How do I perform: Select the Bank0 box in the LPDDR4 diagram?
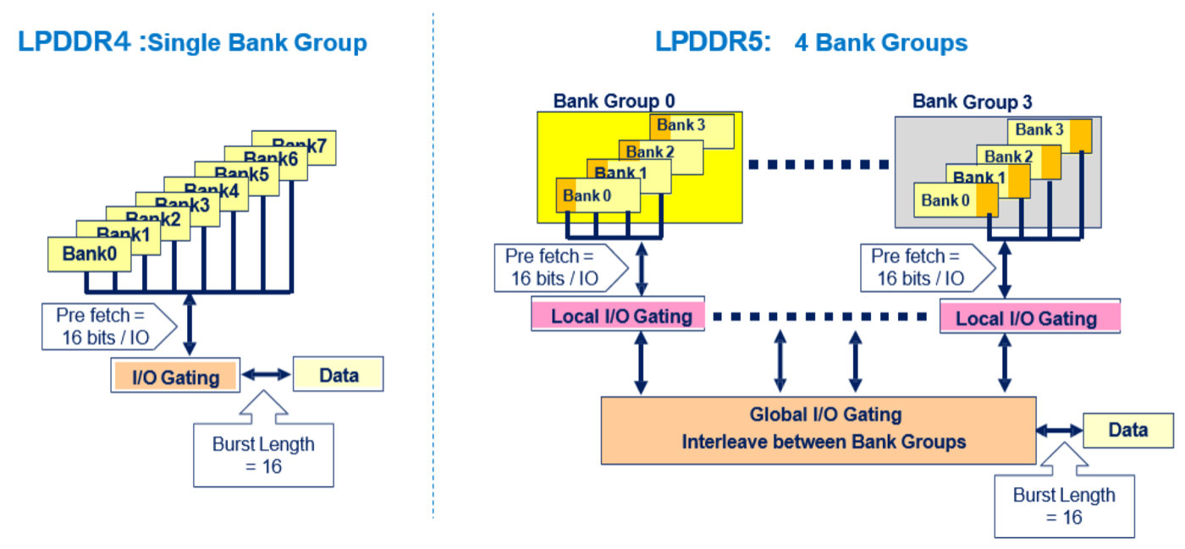[x=89, y=253]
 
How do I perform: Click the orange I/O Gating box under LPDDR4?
[x=174, y=376]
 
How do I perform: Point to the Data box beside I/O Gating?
[x=339, y=375]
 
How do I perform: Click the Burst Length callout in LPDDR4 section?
[x=263, y=453]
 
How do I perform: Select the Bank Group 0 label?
[x=614, y=101]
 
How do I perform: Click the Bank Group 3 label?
[x=972, y=102]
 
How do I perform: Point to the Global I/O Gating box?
[x=818, y=429]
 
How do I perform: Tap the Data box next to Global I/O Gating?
[x=1127, y=430]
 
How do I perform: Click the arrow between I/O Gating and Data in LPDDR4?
[x=266, y=373]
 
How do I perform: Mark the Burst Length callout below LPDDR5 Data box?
[x=1064, y=505]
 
